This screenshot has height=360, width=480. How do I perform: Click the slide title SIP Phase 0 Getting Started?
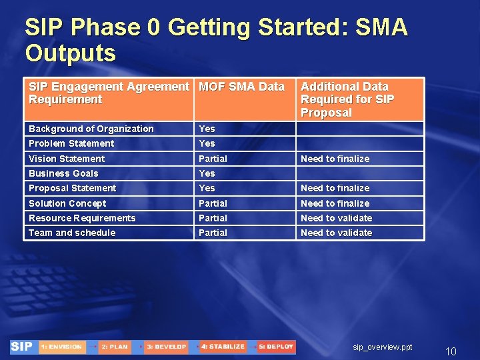(x=215, y=39)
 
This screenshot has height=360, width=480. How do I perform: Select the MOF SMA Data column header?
(x=241, y=87)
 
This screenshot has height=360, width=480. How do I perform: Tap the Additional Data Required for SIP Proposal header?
(x=347, y=99)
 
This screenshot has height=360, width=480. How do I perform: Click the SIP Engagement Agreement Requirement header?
(x=109, y=93)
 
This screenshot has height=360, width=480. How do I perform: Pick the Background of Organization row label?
(x=91, y=129)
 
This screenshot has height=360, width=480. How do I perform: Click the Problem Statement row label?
(x=71, y=143)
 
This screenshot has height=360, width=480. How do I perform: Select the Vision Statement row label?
(x=67, y=159)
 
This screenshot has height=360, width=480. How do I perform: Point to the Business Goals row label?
(x=63, y=173)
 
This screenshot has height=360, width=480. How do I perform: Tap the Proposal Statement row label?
(x=72, y=188)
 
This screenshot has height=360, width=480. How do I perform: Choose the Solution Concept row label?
(x=67, y=203)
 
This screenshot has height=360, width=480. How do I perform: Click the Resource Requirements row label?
(x=82, y=218)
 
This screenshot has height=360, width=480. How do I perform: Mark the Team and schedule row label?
(x=72, y=233)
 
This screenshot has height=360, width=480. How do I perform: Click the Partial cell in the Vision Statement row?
(x=213, y=159)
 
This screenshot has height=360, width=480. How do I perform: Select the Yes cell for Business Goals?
(x=207, y=173)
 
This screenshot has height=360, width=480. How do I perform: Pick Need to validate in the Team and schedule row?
(x=336, y=233)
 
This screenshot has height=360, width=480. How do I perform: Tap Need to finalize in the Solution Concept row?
(x=335, y=203)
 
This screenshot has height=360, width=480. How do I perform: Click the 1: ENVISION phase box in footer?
(x=61, y=347)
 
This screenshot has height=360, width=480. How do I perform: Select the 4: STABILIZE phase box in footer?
(x=223, y=347)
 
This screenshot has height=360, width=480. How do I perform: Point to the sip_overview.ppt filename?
(x=383, y=347)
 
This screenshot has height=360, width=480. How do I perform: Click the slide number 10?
(x=451, y=351)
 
